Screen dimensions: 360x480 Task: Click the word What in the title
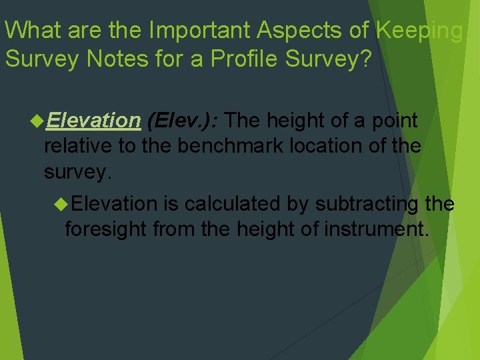tap(31, 30)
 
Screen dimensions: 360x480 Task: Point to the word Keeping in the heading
tap(420, 31)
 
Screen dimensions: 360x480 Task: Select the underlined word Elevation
tap(93, 121)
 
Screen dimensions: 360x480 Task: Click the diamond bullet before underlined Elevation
tap(37, 121)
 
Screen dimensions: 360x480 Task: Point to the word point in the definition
tap(394, 121)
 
